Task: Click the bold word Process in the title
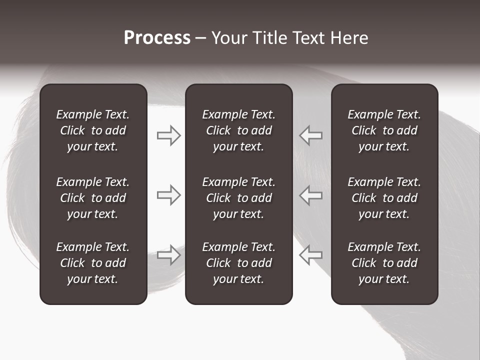157,38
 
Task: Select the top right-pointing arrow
169,135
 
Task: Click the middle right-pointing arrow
169,195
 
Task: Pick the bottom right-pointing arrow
169,255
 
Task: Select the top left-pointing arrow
310,135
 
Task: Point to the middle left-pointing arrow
310,195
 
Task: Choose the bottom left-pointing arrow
310,255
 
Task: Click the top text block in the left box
93,130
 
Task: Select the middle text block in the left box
93,198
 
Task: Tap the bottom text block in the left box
93,263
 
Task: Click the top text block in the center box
239,130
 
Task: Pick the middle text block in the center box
239,198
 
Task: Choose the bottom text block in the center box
239,263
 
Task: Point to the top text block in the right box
384,130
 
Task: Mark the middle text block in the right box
384,198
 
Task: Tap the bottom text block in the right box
384,263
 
